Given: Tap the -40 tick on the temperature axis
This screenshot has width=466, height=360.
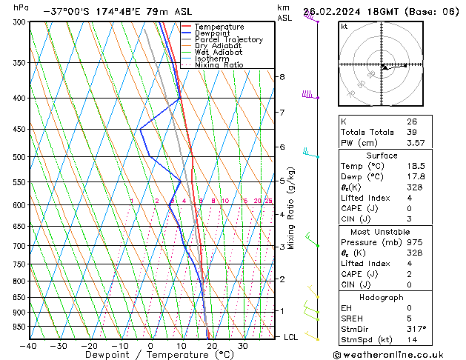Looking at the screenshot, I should (x=29, y=346).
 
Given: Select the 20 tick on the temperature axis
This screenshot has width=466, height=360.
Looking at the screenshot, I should (x=212, y=346).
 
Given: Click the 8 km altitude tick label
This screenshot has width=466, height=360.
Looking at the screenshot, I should (x=282, y=77).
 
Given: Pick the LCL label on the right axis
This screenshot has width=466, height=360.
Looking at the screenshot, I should (x=291, y=337).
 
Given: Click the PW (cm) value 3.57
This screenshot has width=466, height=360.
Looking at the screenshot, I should (x=416, y=143).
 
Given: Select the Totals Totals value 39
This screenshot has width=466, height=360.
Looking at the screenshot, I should (x=411, y=132).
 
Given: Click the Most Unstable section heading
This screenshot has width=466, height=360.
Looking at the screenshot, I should (x=382, y=231).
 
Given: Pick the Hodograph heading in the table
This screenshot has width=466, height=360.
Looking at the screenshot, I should (x=382, y=297).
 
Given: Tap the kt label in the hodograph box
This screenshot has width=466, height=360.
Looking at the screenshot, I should (x=344, y=27).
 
